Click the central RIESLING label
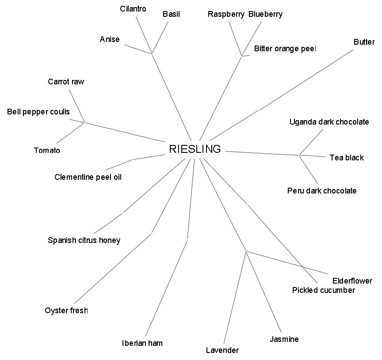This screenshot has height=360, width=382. [195, 149]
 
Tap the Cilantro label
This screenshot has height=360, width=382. [133, 9]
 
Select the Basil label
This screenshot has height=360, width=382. [171, 14]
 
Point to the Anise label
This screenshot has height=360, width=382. [110, 39]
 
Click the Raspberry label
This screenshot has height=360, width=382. [226, 14]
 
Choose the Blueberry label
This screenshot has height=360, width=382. [265, 14]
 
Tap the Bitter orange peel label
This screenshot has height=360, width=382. [285, 49]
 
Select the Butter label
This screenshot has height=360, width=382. [364, 42]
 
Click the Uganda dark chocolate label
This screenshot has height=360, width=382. [329, 122]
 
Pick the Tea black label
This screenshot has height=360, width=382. [347, 158]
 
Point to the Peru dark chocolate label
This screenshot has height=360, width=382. [322, 191]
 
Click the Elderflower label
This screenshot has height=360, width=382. [352, 281]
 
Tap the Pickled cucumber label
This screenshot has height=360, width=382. [324, 290]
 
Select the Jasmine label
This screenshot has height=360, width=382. [284, 339]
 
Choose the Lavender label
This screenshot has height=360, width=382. [222, 350]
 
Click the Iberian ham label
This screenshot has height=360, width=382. [142, 343]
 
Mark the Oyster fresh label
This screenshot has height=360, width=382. [66, 311]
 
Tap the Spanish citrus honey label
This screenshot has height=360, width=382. [84, 240]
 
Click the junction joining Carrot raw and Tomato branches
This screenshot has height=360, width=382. [84, 122]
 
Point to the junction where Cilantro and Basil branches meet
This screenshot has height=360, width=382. [152, 54]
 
